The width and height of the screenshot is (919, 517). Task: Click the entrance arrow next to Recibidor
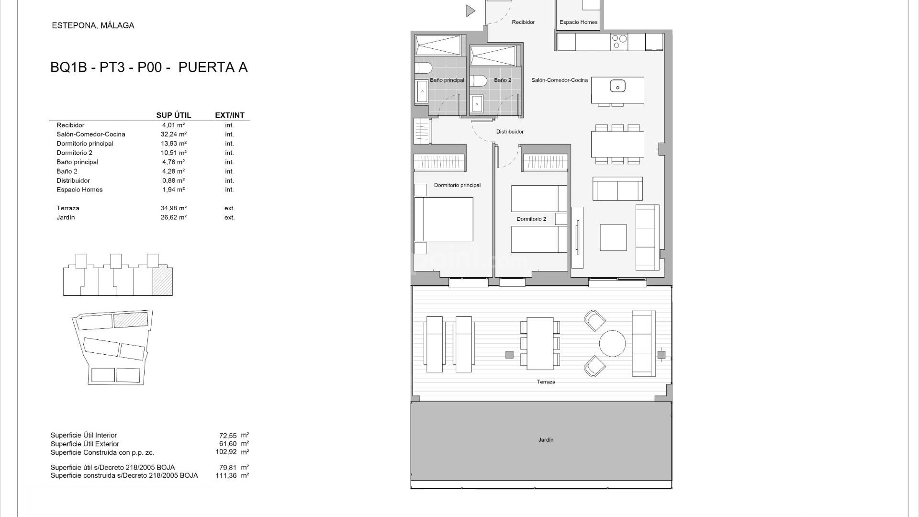(471, 11)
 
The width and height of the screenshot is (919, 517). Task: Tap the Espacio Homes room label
(578, 22)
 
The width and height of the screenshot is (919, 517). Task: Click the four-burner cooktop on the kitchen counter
(620, 42)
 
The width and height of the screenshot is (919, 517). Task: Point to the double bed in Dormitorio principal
(444, 219)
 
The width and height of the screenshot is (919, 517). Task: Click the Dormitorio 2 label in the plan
(531, 219)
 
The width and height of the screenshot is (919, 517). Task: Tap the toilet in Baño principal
(423, 67)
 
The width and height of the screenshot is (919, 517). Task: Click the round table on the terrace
(612, 344)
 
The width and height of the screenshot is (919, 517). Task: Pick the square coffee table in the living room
(613, 237)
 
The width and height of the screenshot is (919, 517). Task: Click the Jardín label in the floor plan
(545, 439)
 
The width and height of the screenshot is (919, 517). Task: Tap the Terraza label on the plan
(546, 382)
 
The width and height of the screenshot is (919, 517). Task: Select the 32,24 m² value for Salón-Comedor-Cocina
(173, 135)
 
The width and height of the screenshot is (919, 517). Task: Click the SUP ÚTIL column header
(173, 115)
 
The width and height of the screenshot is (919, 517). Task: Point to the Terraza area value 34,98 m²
(173, 208)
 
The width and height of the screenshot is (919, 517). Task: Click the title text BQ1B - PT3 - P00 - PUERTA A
(149, 67)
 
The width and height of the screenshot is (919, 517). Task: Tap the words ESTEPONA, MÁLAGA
(93, 26)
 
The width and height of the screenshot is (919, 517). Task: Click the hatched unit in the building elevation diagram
(162, 281)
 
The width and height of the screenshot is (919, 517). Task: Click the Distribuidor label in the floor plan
(509, 132)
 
